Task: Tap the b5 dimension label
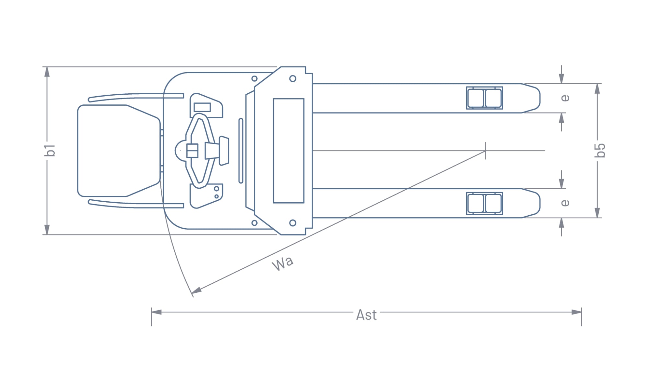pos(600,150)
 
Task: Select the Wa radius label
pos(283,263)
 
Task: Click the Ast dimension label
pos(366,315)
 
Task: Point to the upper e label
pos(564,98)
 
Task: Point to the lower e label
pos(564,203)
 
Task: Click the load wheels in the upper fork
pos(484,98)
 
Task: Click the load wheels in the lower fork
pos(484,204)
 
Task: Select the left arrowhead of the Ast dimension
pos(156,312)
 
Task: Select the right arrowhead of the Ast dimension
pos(576,312)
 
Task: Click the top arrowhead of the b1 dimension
pos(47,72)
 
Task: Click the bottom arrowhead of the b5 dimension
pos(597,213)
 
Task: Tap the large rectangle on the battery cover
pos(288,151)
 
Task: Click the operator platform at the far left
pos(118,151)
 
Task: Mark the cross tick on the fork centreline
pos(485,151)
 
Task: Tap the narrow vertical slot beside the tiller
pos(241,151)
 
